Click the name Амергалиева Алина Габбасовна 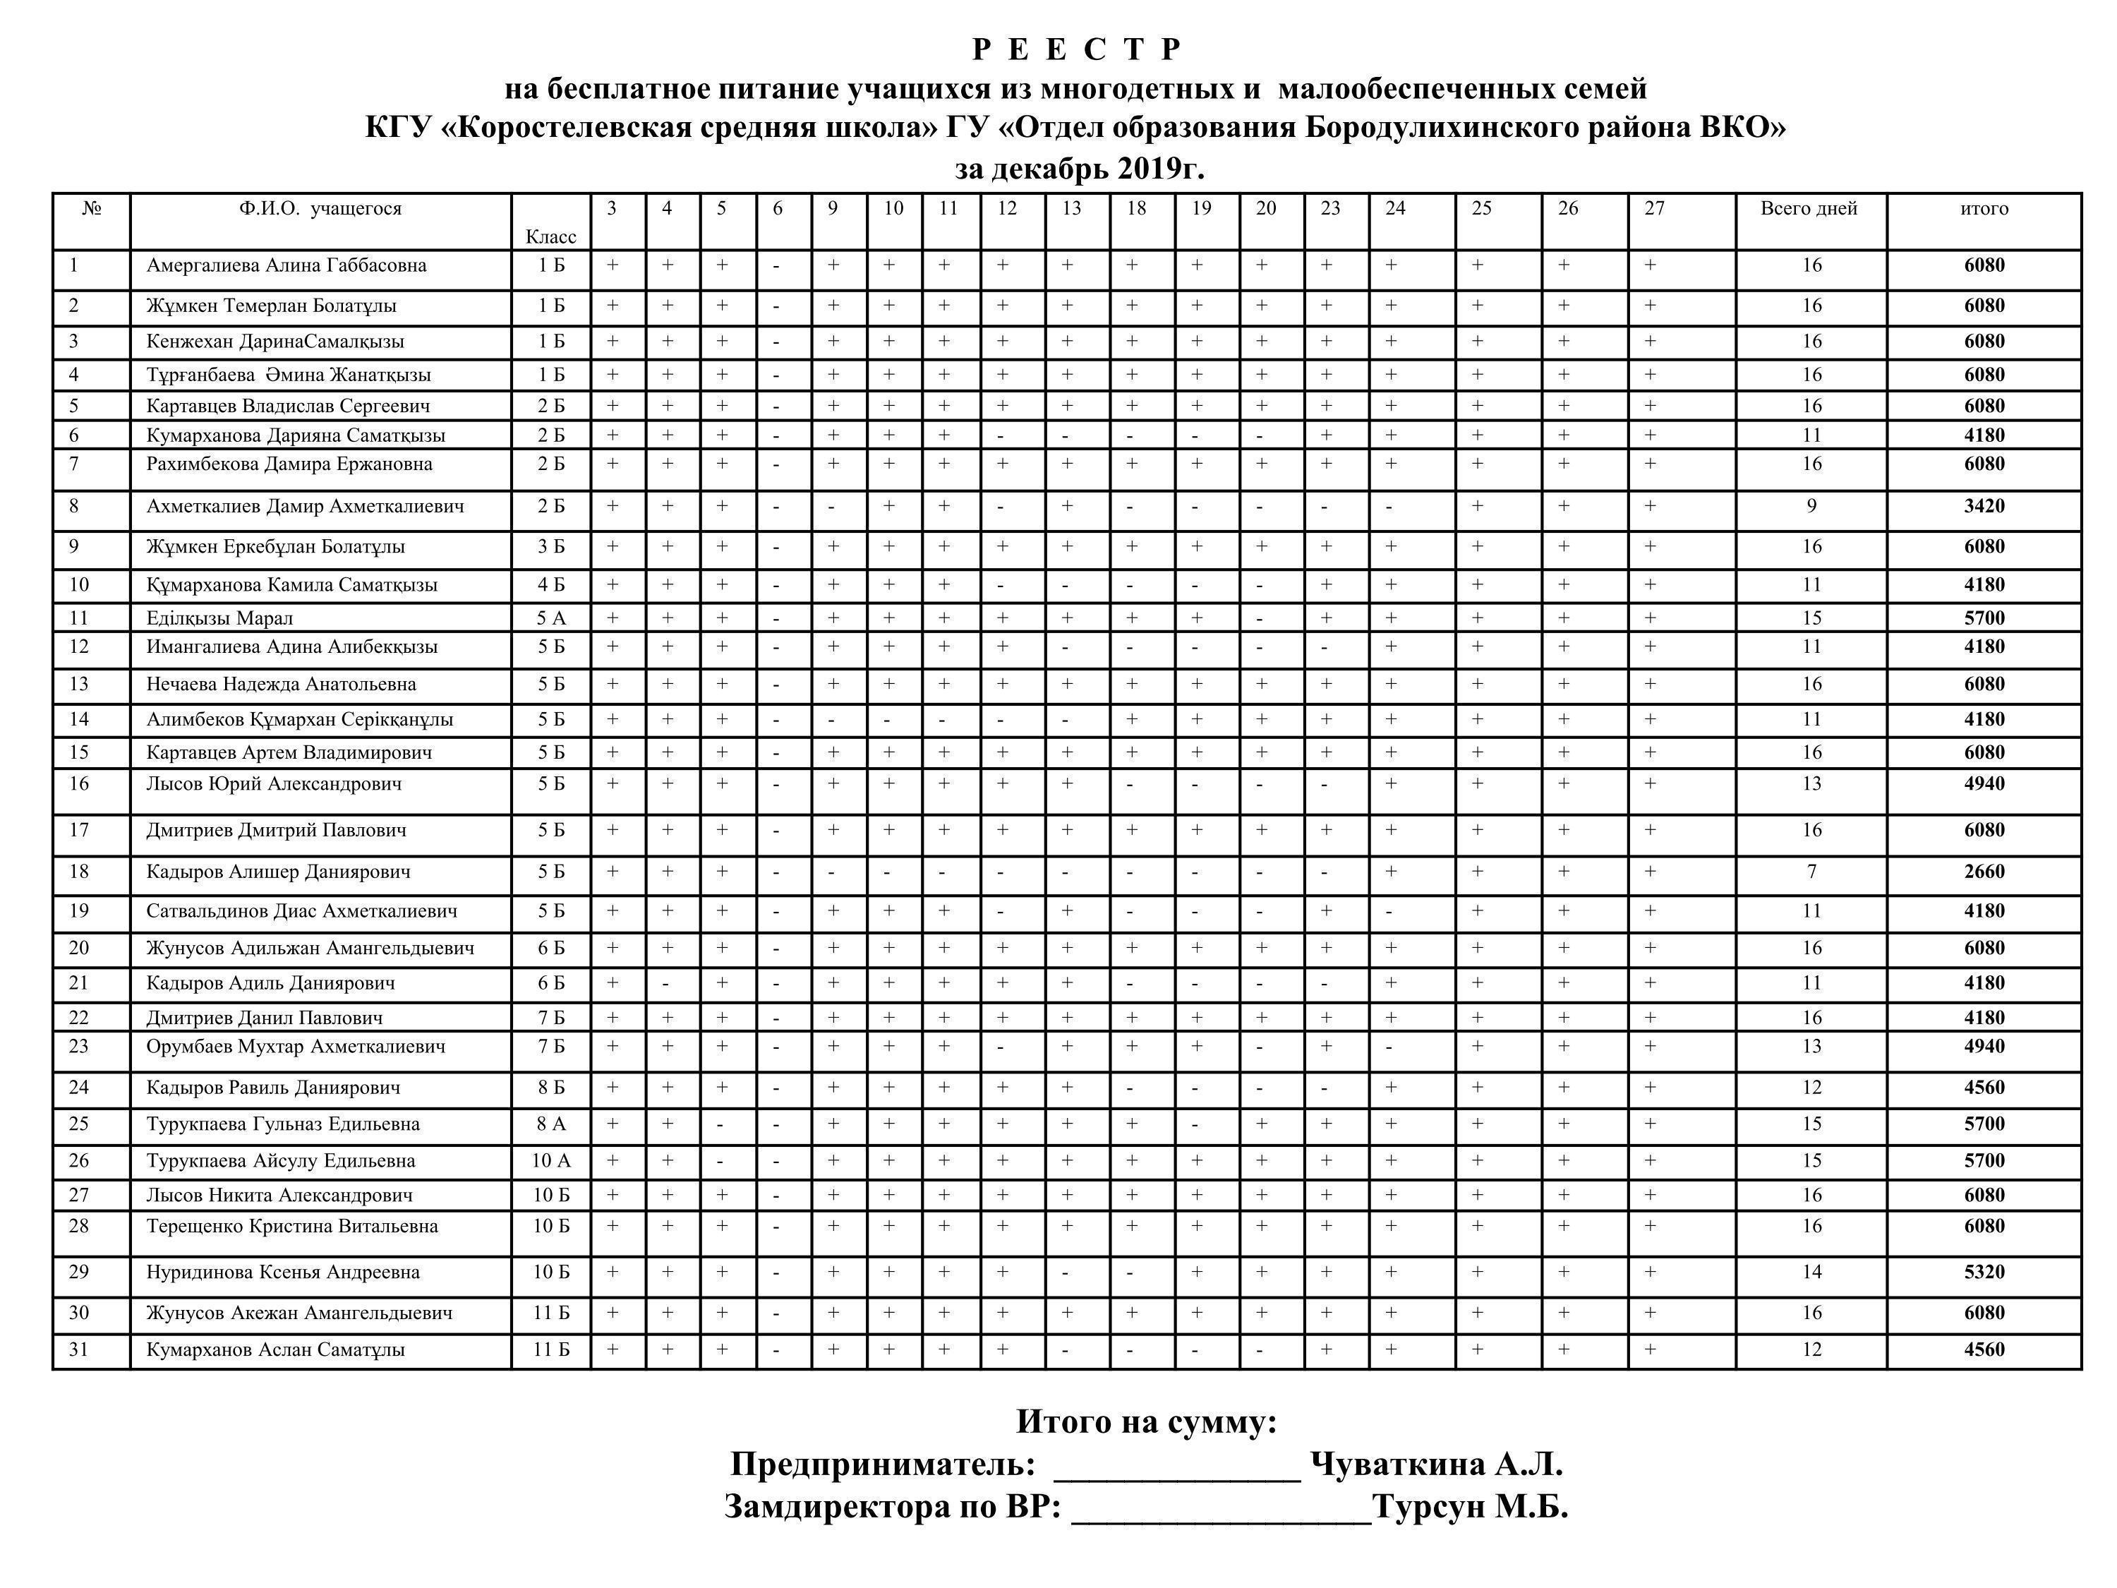[287, 265]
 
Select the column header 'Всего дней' [1808, 209]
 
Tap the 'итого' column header [1983, 209]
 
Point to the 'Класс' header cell [550, 236]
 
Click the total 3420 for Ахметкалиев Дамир [1983, 506]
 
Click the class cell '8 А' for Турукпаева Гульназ [550, 1124]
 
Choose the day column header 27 [1654, 209]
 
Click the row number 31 [78, 1349]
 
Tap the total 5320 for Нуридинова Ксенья [1983, 1272]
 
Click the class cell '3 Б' [550, 546]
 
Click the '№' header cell [91, 209]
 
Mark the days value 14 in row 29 [1811, 1272]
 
